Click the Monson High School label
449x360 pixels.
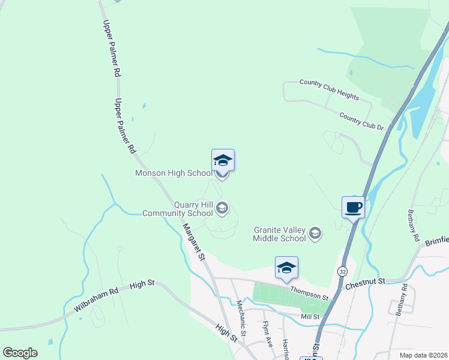tap(173, 173)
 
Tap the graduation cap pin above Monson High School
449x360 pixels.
tap(223, 160)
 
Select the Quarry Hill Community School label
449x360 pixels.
tap(177, 209)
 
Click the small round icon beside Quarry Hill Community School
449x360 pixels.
tap(222, 208)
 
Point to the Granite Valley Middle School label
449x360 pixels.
tap(280, 234)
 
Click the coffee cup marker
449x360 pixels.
tap(353, 207)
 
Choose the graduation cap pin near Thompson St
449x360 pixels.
tap(286, 268)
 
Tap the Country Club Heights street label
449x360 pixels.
tap(329, 89)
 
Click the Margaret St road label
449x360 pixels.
tap(194, 242)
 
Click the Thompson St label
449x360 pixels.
tap(309, 293)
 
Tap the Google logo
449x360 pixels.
tap(20, 353)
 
